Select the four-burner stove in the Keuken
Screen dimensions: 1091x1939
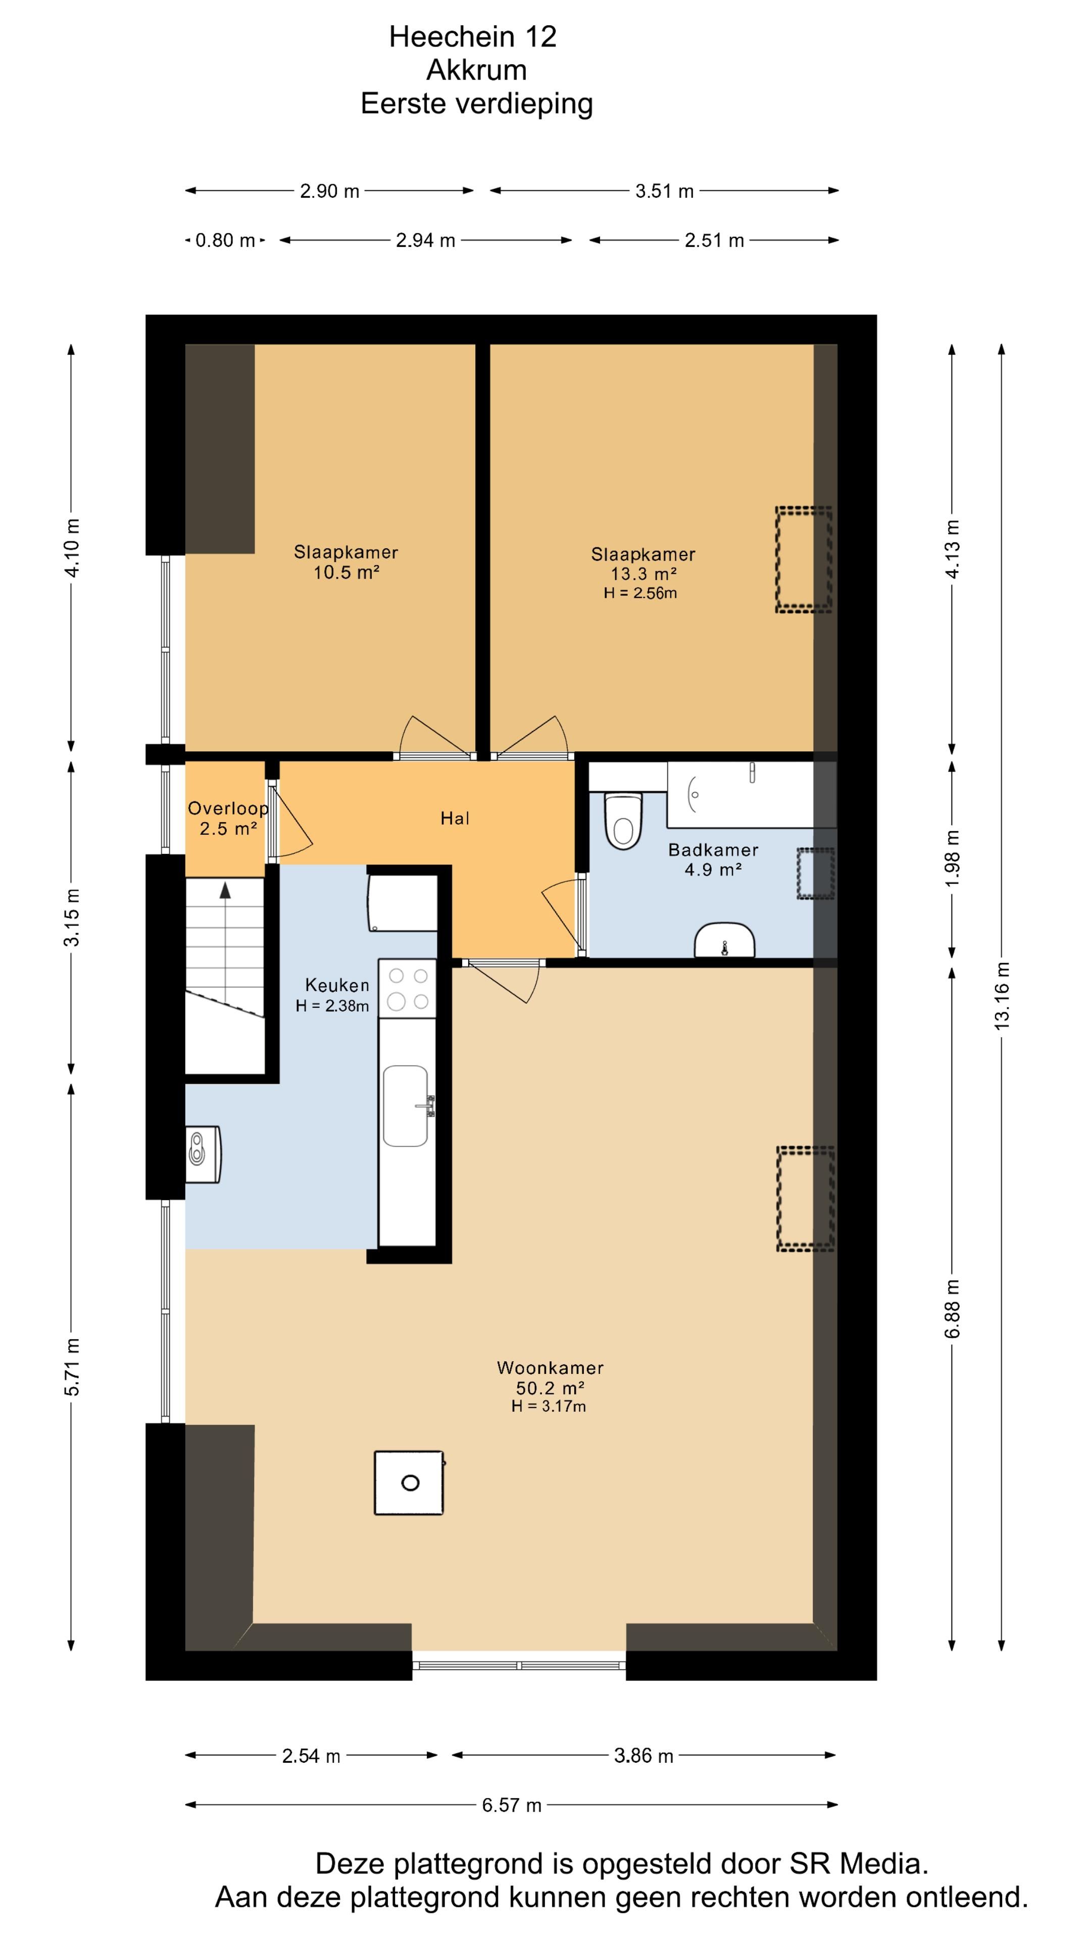pos(407,988)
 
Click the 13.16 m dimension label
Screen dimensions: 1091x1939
pos(1002,996)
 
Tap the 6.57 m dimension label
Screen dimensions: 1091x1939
pos(512,1805)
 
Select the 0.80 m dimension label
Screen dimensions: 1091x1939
pos(225,240)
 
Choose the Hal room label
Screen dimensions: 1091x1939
pos(455,818)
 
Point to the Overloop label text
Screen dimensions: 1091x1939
pos(228,808)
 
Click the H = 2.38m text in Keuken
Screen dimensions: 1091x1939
pos(332,1006)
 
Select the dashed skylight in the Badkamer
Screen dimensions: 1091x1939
pos(815,873)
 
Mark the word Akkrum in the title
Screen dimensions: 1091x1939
pos(477,70)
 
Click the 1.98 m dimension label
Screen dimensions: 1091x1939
pos(953,858)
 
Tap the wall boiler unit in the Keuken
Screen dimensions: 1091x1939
pos(203,1154)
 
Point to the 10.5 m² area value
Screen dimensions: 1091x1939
pos(345,572)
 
